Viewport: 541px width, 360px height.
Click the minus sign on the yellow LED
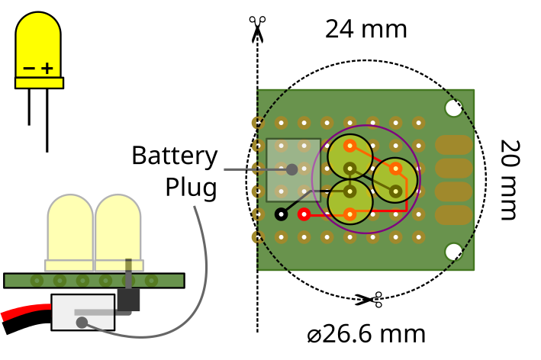point(29,68)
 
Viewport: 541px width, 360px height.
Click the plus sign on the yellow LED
point(47,69)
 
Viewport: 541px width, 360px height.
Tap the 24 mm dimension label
point(366,29)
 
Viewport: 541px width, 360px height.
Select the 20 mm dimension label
point(510,180)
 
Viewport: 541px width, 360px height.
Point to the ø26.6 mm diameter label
point(366,334)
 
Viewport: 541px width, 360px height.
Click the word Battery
point(175,156)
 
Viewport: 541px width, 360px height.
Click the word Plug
point(192,188)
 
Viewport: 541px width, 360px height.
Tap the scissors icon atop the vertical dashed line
point(257,29)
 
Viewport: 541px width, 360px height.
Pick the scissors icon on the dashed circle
point(369,300)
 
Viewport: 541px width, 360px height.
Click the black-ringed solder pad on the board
point(282,214)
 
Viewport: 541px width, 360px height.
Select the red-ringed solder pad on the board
point(304,214)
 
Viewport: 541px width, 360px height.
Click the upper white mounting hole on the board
point(454,108)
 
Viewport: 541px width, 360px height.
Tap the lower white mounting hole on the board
point(454,252)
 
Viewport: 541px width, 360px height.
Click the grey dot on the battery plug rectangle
point(292,169)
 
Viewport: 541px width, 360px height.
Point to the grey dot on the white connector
point(82,323)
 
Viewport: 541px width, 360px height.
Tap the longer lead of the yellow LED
point(47,121)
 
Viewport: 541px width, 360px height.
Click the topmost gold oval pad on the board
point(454,145)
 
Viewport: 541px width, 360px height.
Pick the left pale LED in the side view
point(69,233)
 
